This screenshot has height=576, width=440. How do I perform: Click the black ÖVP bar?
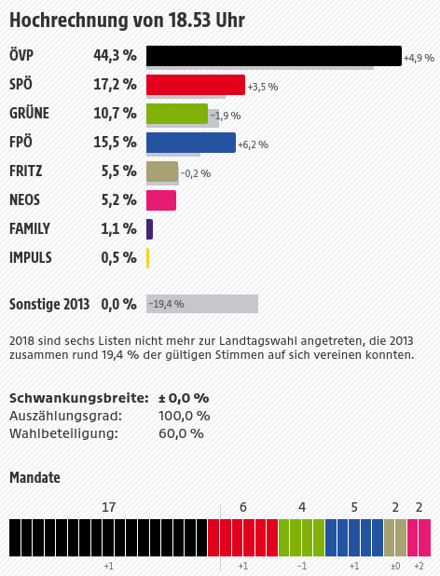pos(274,56)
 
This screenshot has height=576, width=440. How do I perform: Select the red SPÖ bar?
pos(196,85)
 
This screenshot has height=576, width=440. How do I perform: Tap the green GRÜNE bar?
pos(177,114)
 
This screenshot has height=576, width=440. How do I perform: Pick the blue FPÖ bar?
pos(191,143)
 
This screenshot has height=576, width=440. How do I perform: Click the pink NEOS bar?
pos(161,200)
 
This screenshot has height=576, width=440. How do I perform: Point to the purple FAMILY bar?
pos(149,229)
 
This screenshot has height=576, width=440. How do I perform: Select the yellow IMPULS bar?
pos(147,258)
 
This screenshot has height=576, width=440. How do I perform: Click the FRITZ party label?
pos(26,171)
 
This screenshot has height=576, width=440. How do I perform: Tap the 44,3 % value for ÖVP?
pos(115,56)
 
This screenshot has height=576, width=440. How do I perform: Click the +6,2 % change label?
pos(253,144)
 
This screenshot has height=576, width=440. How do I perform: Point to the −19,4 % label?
pos(166,304)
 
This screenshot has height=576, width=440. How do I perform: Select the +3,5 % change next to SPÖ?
pos(263,87)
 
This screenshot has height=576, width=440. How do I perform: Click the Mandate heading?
pos(34,477)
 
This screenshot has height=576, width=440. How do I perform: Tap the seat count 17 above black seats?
pos(108,507)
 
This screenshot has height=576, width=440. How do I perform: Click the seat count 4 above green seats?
pos(302,507)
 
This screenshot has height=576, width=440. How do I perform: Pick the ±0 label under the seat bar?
pos(395,566)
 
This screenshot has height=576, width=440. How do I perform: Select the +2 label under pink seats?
pos(419,566)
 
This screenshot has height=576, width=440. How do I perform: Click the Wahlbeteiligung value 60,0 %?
pos(181,433)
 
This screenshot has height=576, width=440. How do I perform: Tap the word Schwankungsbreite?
pos(79,398)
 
